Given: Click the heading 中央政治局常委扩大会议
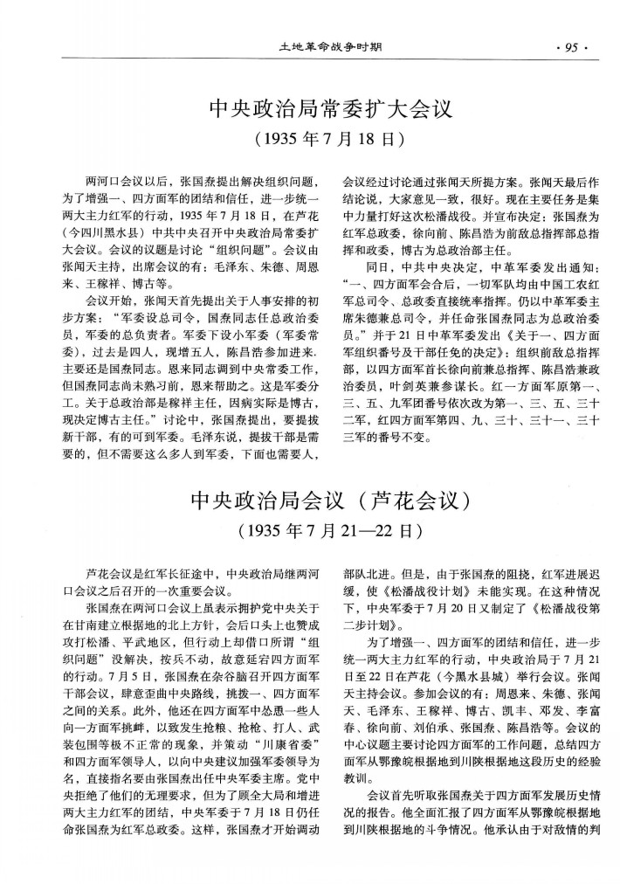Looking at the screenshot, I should (x=331, y=109).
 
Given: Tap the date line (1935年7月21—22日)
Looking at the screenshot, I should (x=331, y=531).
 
